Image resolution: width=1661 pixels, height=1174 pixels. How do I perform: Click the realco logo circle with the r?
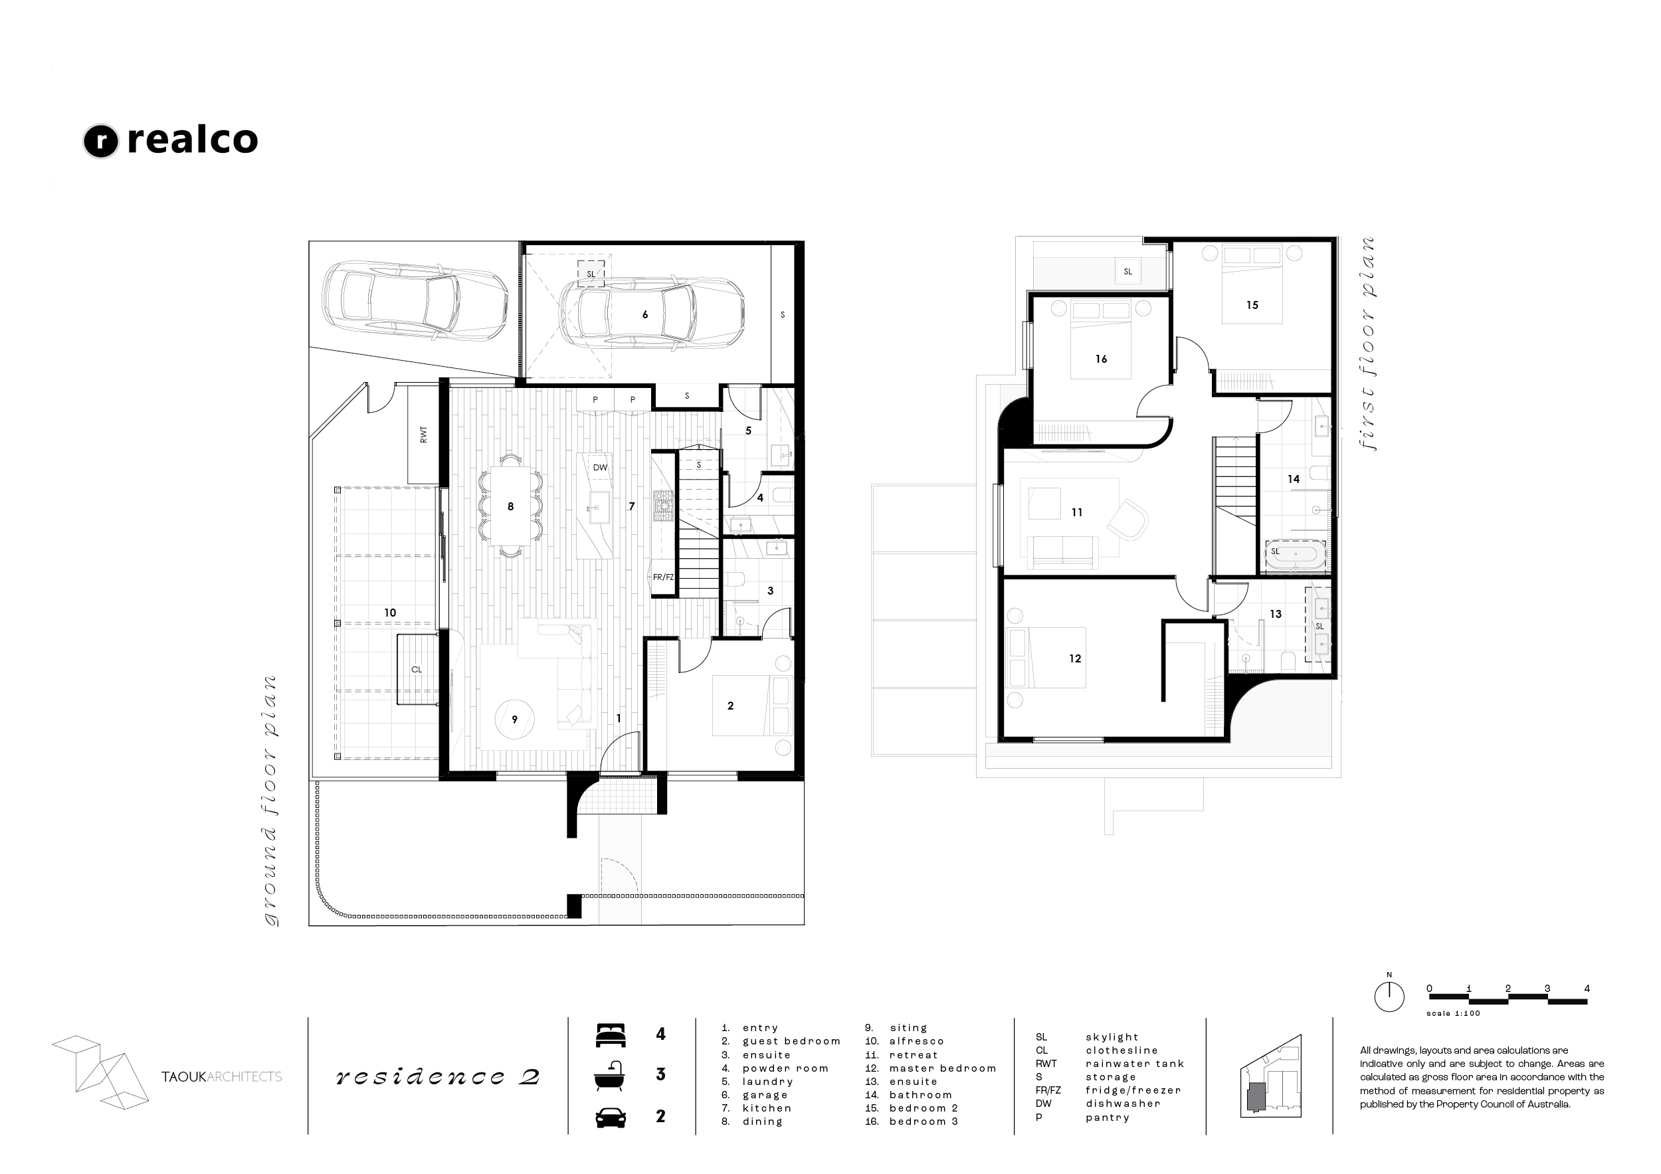[100, 141]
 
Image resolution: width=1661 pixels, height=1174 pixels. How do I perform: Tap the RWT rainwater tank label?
[423, 435]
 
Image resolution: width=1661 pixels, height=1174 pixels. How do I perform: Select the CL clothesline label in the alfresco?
[417, 669]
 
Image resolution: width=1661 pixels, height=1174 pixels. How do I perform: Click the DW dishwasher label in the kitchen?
[600, 467]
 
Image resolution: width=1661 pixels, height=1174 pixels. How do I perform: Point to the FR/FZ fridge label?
[662, 577]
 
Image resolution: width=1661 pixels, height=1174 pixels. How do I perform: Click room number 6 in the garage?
[645, 315]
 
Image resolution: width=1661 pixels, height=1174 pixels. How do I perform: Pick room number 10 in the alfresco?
[390, 613]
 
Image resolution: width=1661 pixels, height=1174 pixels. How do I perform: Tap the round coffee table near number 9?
[514, 719]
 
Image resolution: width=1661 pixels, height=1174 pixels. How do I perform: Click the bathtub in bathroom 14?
[1295, 556]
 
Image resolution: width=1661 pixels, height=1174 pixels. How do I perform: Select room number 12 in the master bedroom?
[1075, 658]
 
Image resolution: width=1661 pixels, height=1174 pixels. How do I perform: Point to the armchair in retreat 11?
[1127, 520]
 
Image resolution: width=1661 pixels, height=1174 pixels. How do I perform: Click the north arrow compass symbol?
[1389, 996]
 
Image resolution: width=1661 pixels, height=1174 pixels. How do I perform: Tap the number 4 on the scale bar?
[1587, 989]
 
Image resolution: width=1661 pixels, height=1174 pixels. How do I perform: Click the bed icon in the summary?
[610, 1035]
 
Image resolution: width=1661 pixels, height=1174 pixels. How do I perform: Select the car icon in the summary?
[611, 1118]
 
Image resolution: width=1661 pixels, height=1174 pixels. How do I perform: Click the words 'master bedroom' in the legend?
[943, 1068]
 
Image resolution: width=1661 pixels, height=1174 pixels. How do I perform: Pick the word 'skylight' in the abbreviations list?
[1112, 1037]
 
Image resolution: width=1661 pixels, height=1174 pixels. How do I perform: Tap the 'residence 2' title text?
[438, 1077]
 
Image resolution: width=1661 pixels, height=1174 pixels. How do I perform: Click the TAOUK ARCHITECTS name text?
[221, 1077]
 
